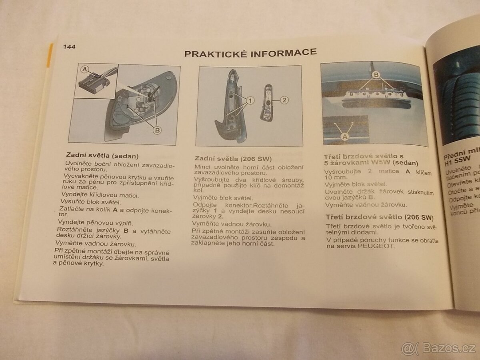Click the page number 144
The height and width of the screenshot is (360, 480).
pos(69,47)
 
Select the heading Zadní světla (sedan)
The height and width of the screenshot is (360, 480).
pos(102,156)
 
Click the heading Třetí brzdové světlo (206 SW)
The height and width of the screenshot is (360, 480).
pos(380,218)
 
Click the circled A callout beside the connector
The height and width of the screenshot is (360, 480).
pos(84,69)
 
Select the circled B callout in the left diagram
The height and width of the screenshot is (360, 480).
pos(157,130)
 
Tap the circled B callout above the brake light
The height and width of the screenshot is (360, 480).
pos(376,74)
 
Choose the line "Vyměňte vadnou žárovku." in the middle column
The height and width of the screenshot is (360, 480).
pos(232,224)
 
